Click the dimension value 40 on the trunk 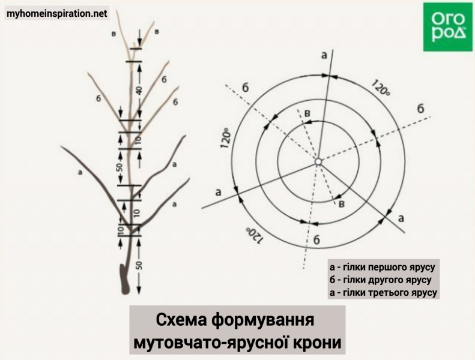(139, 91)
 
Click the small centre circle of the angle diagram (318, 161)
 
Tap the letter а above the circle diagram (324, 55)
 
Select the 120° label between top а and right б (381, 87)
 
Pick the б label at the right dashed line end (421, 109)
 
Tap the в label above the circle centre (307, 113)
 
